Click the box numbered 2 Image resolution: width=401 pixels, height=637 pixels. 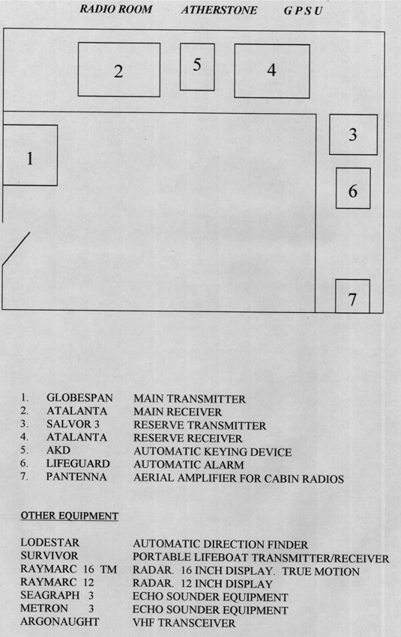(x=118, y=70)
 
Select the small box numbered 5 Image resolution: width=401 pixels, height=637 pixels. (x=197, y=67)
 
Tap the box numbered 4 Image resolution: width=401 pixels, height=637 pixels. (x=272, y=71)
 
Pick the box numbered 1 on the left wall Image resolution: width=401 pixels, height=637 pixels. (x=30, y=155)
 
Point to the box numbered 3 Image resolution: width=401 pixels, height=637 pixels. (x=353, y=135)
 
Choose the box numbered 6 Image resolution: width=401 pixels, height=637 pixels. (x=353, y=188)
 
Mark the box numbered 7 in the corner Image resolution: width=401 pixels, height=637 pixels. (x=352, y=296)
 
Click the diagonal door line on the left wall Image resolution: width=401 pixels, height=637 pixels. (x=16, y=249)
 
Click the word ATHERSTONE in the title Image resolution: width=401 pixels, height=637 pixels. (x=219, y=10)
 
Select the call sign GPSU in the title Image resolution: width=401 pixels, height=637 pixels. (x=303, y=11)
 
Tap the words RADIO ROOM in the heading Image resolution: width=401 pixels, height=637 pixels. (x=116, y=9)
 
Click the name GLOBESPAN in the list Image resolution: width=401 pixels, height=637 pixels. (x=79, y=397)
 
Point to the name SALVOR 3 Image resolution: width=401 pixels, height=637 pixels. (x=73, y=424)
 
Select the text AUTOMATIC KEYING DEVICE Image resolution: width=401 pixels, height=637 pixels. (x=212, y=452)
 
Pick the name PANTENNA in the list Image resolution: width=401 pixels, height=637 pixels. (x=76, y=477)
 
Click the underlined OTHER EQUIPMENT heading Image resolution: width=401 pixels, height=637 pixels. (x=70, y=516)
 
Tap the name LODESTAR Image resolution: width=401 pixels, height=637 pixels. (x=50, y=543)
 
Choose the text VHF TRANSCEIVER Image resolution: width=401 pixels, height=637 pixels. (x=184, y=623)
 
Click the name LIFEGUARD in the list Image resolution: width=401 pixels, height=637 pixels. (x=78, y=463)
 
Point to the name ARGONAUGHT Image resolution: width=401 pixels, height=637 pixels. (x=60, y=621)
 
